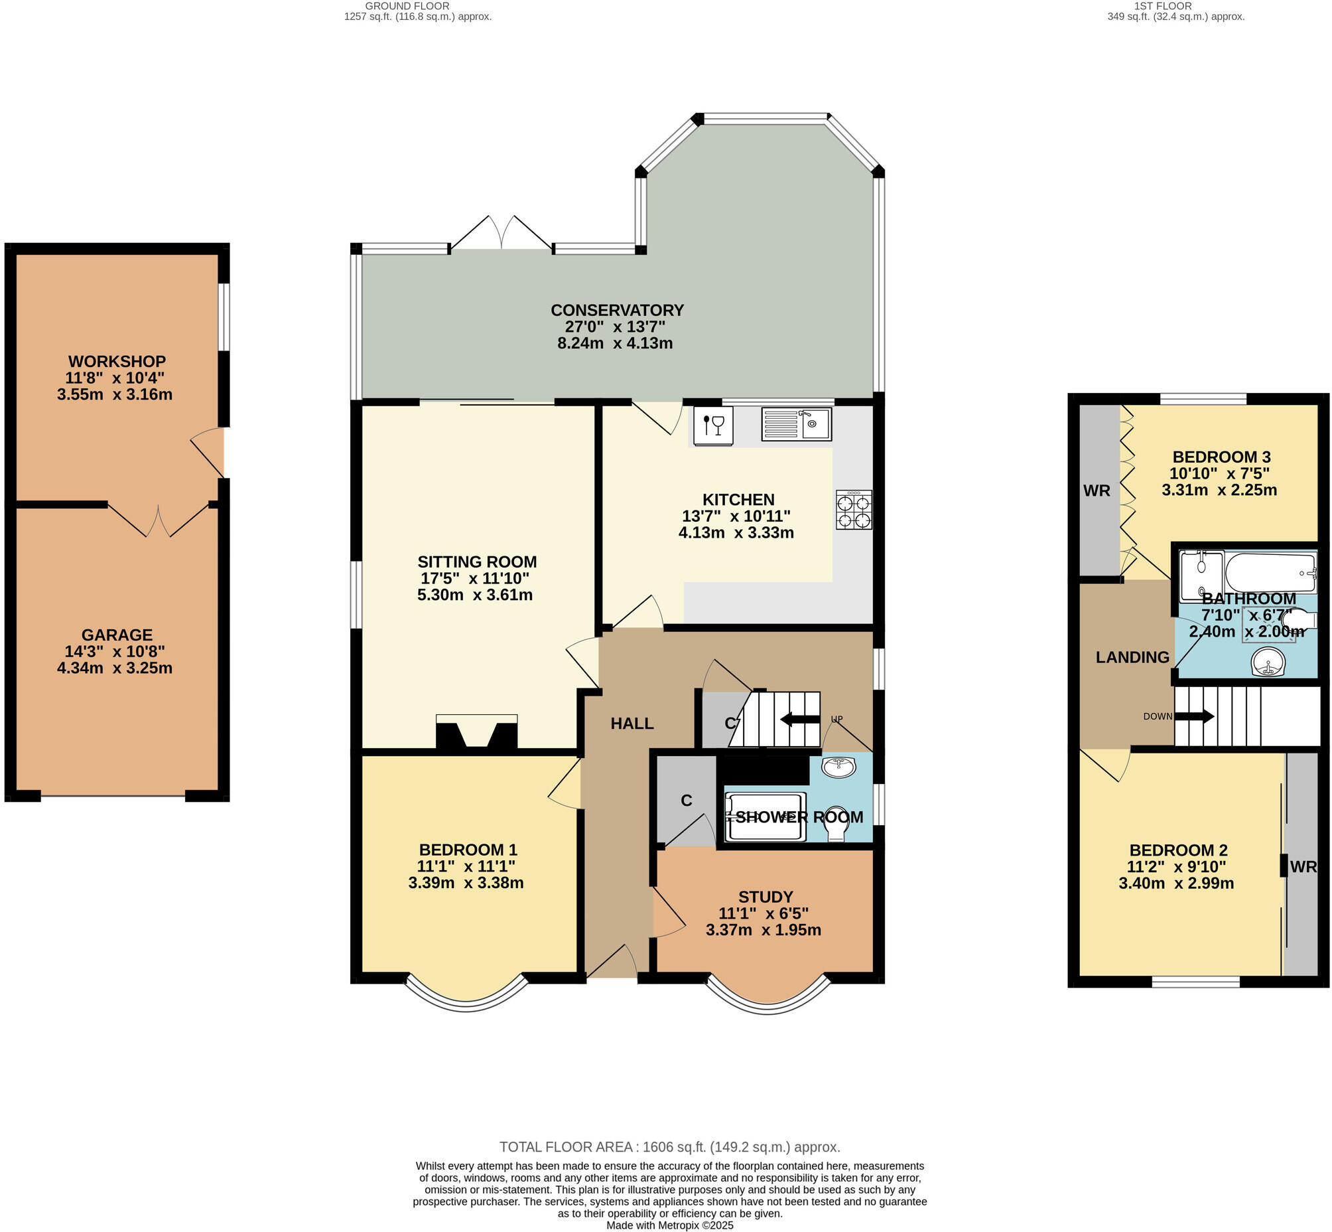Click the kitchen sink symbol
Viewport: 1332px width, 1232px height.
coord(796,424)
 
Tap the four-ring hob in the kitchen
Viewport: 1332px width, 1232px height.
coord(854,510)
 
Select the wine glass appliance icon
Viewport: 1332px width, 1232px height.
coord(713,425)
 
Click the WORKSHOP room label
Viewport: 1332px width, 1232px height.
coord(117,361)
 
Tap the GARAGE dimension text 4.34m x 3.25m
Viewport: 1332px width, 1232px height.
coord(115,668)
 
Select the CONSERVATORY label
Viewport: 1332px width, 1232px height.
coord(617,310)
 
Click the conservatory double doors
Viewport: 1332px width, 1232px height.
coord(501,234)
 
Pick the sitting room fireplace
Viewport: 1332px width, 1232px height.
coord(476,733)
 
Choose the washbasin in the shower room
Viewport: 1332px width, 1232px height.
coord(839,767)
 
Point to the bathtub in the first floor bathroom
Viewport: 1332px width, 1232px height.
coord(1270,572)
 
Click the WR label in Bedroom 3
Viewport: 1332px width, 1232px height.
coord(1097,491)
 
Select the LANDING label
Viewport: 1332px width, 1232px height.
coord(1132,657)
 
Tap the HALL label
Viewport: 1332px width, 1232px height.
coord(632,724)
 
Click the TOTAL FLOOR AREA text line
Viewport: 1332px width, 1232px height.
coord(670,1146)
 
